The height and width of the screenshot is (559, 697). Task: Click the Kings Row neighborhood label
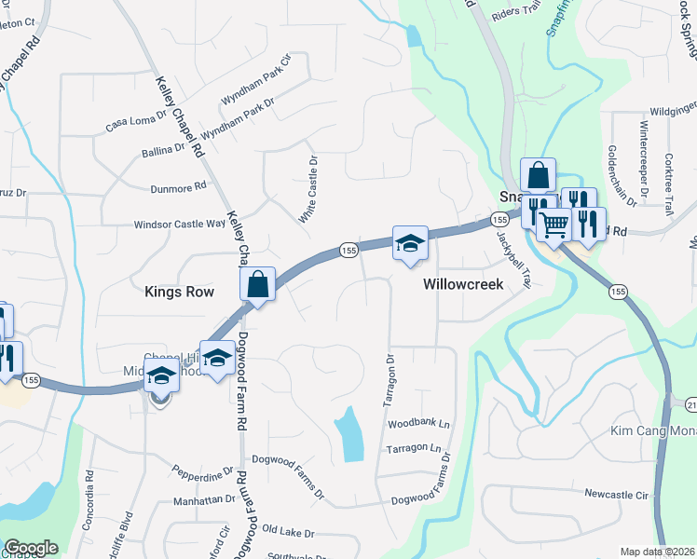[x=179, y=292]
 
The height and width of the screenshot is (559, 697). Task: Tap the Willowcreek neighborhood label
[x=463, y=284]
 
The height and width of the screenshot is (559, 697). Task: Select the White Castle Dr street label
[x=309, y=189]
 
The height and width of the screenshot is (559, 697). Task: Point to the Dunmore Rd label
[x=175, y=187]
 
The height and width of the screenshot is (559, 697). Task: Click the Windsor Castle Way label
[x=180, y=224]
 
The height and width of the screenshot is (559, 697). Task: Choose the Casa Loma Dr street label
[x=136, y=121]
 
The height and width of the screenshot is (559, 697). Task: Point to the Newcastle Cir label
[x=616, y=494]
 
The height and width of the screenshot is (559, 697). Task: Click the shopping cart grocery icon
[x=553, y=224]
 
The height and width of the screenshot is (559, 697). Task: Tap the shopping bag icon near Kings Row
[x=258, y=284]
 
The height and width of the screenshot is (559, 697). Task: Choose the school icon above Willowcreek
[x=410, y=243]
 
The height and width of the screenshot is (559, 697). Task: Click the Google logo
[x=31, y=548]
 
